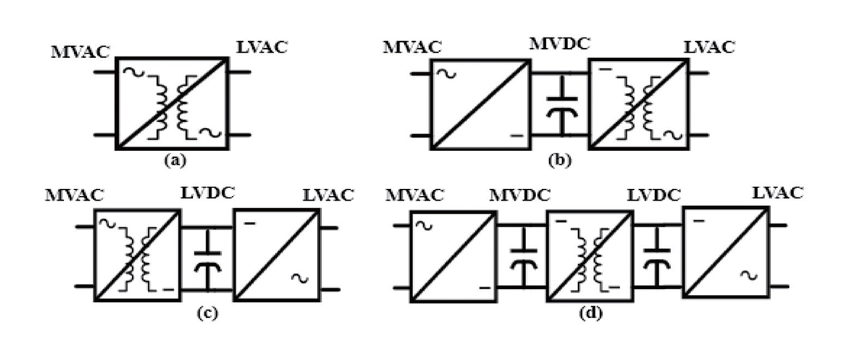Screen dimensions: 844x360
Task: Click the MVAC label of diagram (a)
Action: (80, 52)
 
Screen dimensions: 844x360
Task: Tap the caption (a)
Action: (175, 159)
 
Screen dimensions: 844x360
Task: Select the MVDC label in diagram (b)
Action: (560, 44)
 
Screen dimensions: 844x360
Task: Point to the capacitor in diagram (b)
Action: (561, 105)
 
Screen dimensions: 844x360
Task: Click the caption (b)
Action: (560, 160)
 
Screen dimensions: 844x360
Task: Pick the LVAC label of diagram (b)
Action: (709, 47)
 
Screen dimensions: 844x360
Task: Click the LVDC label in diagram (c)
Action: (207, 192)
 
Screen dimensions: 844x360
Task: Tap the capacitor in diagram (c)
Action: (208, 259)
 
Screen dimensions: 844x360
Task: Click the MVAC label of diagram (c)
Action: (74, 194)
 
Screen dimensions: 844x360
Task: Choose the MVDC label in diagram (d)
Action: (520, 194)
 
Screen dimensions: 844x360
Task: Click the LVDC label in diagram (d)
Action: (654, 194)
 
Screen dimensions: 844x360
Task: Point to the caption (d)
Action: (590, 313)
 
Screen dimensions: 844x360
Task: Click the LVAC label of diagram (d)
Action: (777, 192)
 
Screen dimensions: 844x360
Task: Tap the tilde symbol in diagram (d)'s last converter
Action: (748, 275)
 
